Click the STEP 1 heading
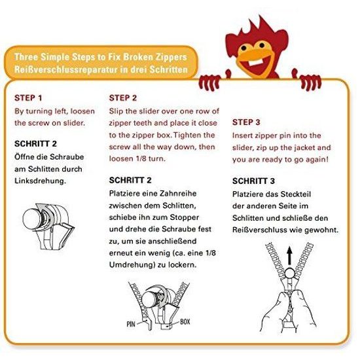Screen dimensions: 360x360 [x=28, y=98]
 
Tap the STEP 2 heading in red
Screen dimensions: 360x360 [x=123, y=98]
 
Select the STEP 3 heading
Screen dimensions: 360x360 [x=246, y=122]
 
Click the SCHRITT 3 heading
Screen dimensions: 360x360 [x=253, y=181]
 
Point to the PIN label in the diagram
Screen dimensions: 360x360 [x=131, y=324]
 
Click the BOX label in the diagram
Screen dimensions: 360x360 [x=185, y=321]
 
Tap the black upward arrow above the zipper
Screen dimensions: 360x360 [x=290, y=255]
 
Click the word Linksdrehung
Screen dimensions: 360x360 [x=40, y=181]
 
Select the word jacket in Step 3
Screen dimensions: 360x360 [x=301, y=147]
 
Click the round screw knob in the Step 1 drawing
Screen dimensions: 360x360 [x=31, y=219]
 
